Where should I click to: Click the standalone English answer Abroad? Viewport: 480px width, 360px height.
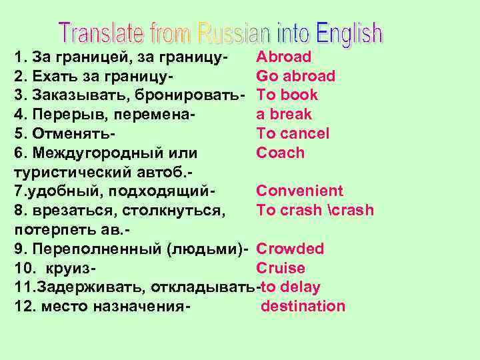point(283,57)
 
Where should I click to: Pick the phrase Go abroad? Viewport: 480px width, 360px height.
point(295,76)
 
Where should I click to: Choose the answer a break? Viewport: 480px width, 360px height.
point(284,115)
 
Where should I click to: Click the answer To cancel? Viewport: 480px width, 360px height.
point(293,133)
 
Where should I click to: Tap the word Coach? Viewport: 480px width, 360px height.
point(280,153)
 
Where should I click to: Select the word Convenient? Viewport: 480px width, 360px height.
point(299,191)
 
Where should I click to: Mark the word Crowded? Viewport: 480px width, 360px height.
point(290,249)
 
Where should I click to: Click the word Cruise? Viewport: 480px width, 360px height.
point(281,269)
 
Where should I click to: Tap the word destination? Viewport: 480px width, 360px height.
point(303,307)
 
